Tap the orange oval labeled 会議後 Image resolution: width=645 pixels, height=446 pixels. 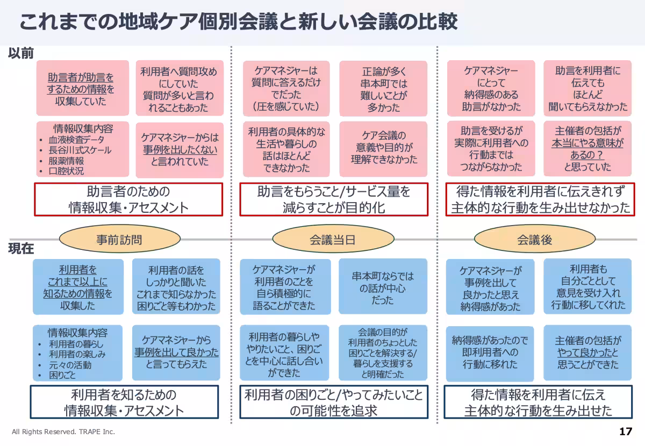tap(534, 240)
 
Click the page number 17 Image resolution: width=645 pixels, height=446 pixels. tap(625, 431)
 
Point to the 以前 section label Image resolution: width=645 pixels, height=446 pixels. tap(21, 53)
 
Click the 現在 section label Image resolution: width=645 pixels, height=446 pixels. tap(21, 249)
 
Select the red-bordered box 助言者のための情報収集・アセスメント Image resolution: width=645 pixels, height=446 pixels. tap(128, 199)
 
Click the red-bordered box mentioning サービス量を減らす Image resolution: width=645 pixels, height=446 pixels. tap(334, 199)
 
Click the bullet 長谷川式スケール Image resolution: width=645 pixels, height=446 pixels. tap(80, 150)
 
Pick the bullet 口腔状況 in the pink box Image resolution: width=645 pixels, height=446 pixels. tap(67, 171)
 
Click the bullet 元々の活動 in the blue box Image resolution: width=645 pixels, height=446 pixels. tap(70, 365)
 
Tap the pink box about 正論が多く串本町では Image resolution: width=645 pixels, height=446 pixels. tap(383, 89)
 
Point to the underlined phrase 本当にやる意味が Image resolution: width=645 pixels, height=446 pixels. tap(587, 143)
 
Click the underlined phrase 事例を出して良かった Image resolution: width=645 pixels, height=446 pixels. tap(176, 353)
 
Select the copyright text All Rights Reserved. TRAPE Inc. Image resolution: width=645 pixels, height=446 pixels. tap(63, 432)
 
